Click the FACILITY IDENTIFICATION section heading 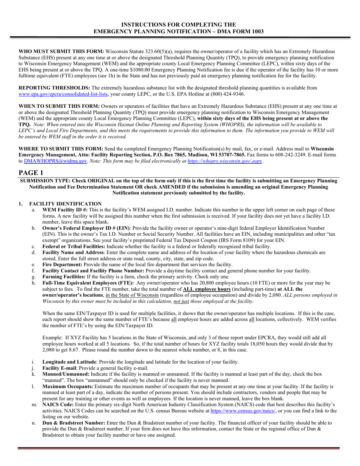point(66,204)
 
